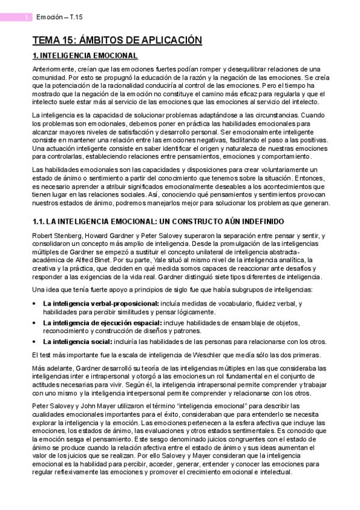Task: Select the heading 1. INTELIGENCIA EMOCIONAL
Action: (x=85, y=56)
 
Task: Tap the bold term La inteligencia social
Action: (x=73, y=340)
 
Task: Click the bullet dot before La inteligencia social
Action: (x=34, y=341)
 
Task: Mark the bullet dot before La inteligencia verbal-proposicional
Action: (x=34, y=304)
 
